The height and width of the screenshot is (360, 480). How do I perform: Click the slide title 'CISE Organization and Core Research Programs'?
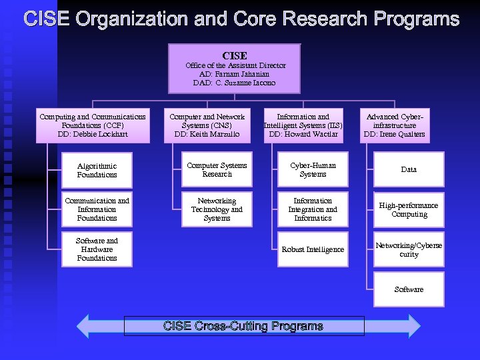click(241, 19)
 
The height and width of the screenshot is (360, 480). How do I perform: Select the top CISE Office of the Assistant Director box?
click(234, 68)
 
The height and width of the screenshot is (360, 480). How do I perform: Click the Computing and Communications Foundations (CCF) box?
click(93, 125)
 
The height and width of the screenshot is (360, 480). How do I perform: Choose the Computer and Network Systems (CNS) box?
click(207, 125)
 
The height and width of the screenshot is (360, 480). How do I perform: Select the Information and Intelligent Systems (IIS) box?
click(303, 125)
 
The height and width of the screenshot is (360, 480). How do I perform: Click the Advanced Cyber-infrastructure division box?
click(395, 125)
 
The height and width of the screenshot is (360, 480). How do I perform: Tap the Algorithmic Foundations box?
click(97, 170)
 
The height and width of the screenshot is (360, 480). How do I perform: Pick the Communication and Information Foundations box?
click(97, 209)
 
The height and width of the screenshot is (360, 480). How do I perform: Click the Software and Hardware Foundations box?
click(97, 249)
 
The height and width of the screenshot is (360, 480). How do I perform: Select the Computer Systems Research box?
click(217, 169)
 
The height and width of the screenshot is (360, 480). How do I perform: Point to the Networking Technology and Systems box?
click(217, 209)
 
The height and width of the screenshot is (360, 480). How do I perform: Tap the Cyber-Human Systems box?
click(313, 169)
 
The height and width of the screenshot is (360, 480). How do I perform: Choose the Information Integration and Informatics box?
click(313, 209)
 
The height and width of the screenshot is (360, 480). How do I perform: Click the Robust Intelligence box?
click(313, 249)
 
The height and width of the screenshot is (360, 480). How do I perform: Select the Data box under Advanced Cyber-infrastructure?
click(409, 169)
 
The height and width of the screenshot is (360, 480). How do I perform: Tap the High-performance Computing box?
click(409, 209)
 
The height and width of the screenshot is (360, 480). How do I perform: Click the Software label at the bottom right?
click(409, 289)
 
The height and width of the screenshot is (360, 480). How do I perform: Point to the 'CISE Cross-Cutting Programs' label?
click(244, 326)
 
